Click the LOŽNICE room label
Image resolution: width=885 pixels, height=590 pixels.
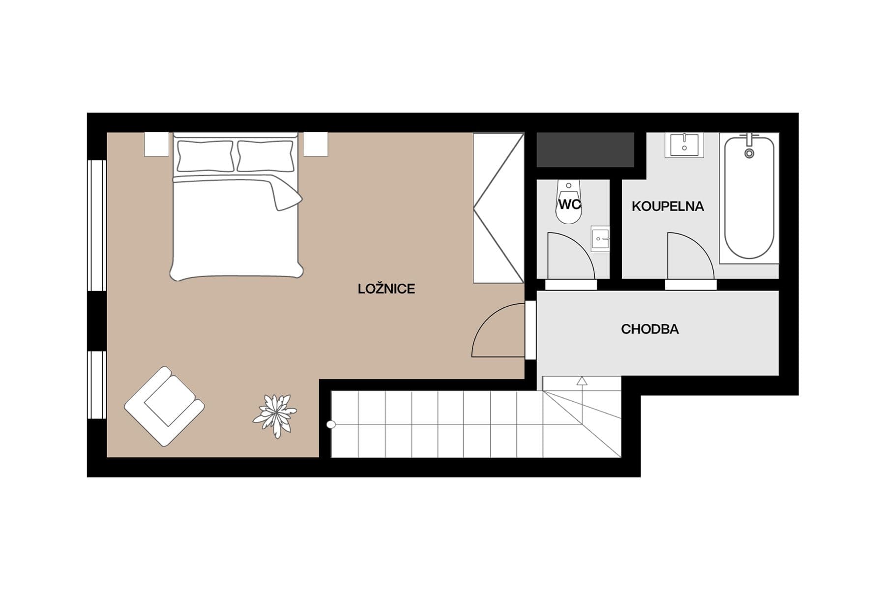(x=386, y=289)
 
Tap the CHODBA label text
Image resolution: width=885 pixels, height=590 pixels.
(x=649, y=329)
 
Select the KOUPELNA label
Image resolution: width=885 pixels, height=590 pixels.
(x=667, y=206)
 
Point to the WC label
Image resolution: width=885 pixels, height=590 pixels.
(x=569, y=204)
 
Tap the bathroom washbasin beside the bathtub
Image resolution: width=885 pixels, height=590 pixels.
(x=684, y=145)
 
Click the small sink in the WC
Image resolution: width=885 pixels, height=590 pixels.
(x=600, y=239)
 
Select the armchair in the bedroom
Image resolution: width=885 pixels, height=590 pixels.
(x=164, y=406)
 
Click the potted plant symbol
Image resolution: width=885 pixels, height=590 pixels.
(x=275, y=414)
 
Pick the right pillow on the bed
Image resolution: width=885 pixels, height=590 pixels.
(x=265, y=156)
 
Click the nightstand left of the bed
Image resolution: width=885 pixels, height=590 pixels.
(x=156, y=144)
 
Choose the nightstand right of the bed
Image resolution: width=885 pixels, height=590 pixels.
(x=315, y=144)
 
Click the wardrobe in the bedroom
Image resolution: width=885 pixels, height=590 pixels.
(x=498, y=208)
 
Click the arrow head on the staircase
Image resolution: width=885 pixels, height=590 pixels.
(x=582, y=381)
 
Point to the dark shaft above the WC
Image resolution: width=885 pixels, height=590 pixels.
(x=585, y=149)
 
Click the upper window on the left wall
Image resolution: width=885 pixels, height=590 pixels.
(x=97, y=225)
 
